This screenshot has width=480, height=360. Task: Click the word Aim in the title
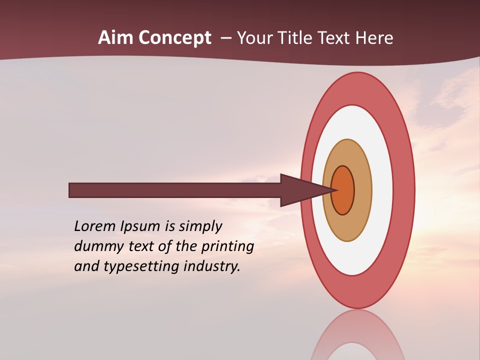[115, 38]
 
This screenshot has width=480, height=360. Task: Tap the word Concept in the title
[174, 38]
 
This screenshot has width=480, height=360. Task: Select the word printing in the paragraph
[227, 246]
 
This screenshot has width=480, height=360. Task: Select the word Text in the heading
[335, 38]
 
